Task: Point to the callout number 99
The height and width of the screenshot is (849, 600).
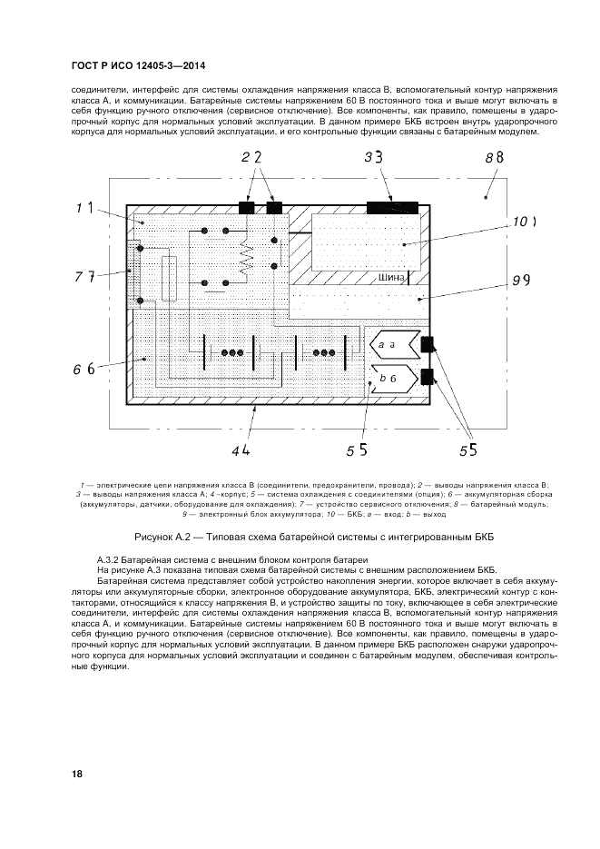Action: (x=520, y=281)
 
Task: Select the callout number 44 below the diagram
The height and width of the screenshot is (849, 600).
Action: (x=241, y=449)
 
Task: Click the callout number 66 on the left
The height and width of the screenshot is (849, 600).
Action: (x=84, y=368)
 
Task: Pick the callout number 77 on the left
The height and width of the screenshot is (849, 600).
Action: (x=84, y=277)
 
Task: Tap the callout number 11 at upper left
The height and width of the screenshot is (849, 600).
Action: (x=84, y=208)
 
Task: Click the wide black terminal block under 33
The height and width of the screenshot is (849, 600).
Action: (x=393, y=208)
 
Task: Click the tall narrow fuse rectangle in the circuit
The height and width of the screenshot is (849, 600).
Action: (x=168, y=278)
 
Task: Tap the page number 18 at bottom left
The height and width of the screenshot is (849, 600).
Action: (x=76, y=774)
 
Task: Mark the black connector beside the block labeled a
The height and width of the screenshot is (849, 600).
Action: (x=428, y=345)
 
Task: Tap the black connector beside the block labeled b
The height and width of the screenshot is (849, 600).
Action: (x=428, y=377)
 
